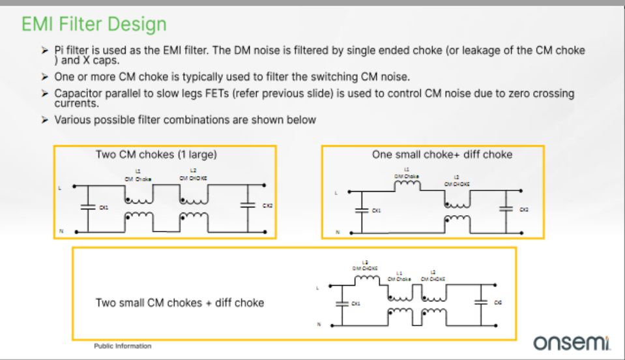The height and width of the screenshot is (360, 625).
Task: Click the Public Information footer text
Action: point(123,346)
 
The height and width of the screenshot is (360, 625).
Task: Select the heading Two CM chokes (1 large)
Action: point(156,155)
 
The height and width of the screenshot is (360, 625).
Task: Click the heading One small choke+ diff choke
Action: point(442,155)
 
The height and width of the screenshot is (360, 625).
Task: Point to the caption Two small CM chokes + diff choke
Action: point(180,303)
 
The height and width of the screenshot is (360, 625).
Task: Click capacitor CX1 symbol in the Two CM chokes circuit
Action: point(85,207)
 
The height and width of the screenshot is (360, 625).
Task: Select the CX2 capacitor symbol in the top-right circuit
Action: point(506,209)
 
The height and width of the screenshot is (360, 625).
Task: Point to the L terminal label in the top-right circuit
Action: point(337,192)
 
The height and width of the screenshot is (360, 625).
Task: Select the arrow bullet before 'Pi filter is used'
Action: point(44,50)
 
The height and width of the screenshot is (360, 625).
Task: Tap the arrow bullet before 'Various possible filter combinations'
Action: point(44,119)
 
